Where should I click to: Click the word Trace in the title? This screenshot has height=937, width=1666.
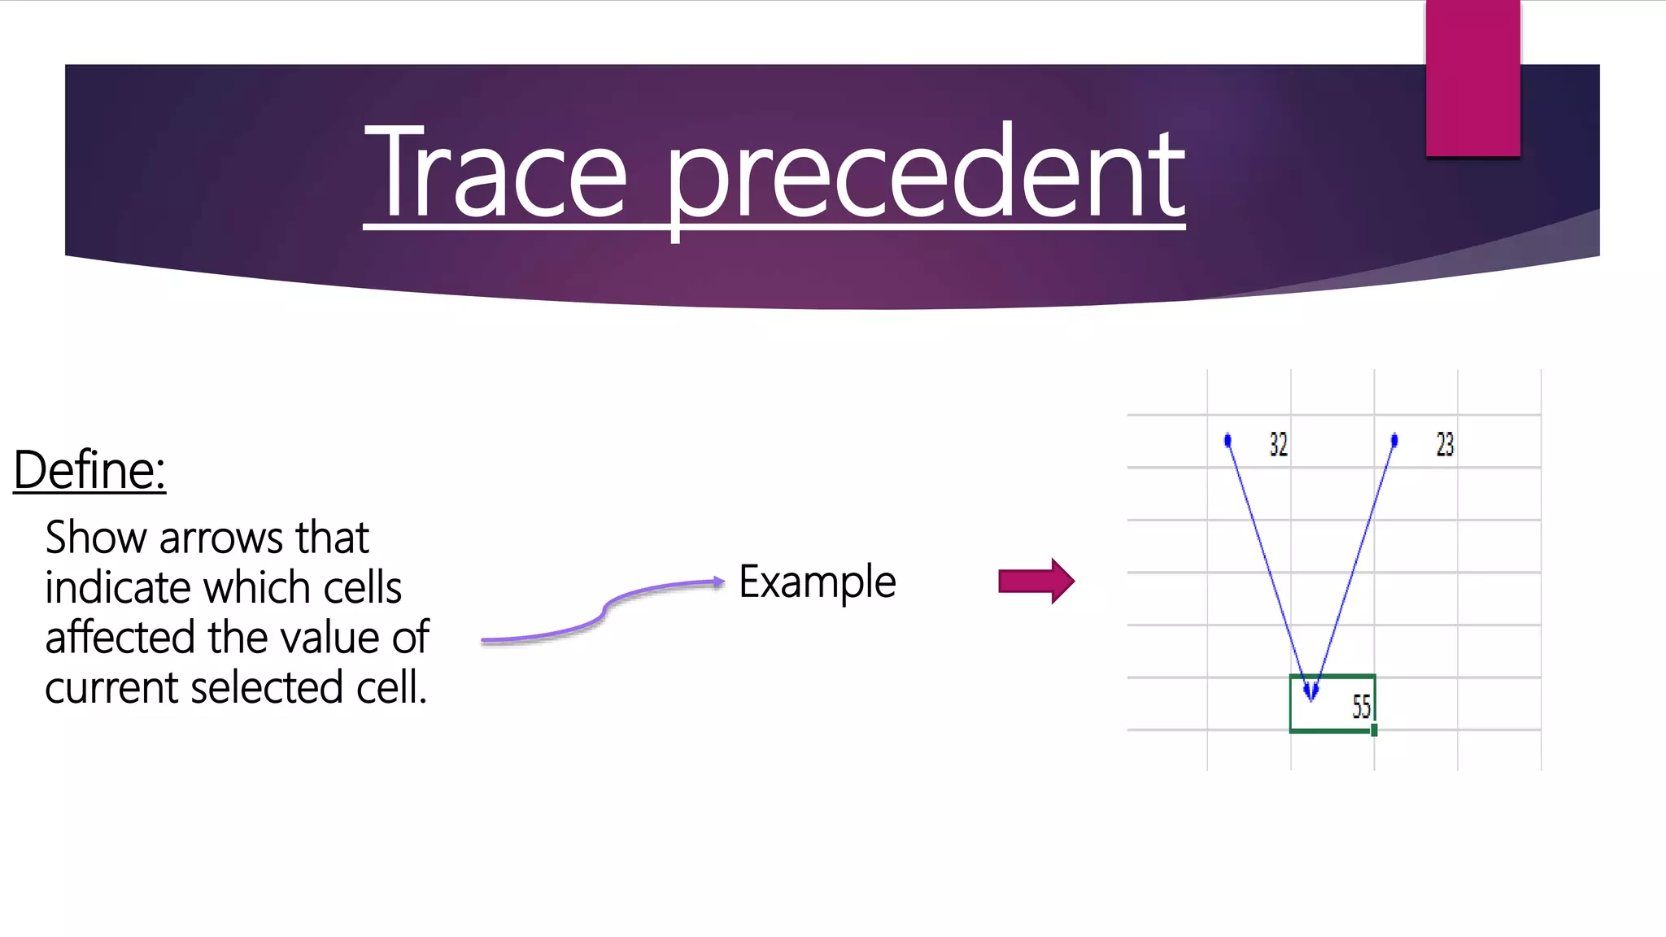point(496,172)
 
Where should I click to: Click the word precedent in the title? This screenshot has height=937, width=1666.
point(925,175)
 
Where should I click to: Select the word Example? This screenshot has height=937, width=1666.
point(817,582)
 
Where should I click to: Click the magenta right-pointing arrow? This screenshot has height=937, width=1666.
point(1036,581)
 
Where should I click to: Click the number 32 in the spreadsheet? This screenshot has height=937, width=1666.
point(1278,444)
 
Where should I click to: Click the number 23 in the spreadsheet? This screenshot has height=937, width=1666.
point(1445,444)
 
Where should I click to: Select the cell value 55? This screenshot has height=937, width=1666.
point(1361,706)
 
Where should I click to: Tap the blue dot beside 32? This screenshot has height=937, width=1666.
point(1228,441)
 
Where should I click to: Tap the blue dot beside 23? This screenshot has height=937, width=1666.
point(1394,441)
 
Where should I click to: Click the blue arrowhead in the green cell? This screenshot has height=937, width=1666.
point(1311,691)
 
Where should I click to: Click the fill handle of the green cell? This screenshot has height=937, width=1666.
point(1374,730)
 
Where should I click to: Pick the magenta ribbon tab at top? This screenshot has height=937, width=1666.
point(1472,78)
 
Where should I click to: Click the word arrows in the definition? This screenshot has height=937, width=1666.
point(223,538)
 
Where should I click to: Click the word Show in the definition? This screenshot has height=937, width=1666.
point(96,538)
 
